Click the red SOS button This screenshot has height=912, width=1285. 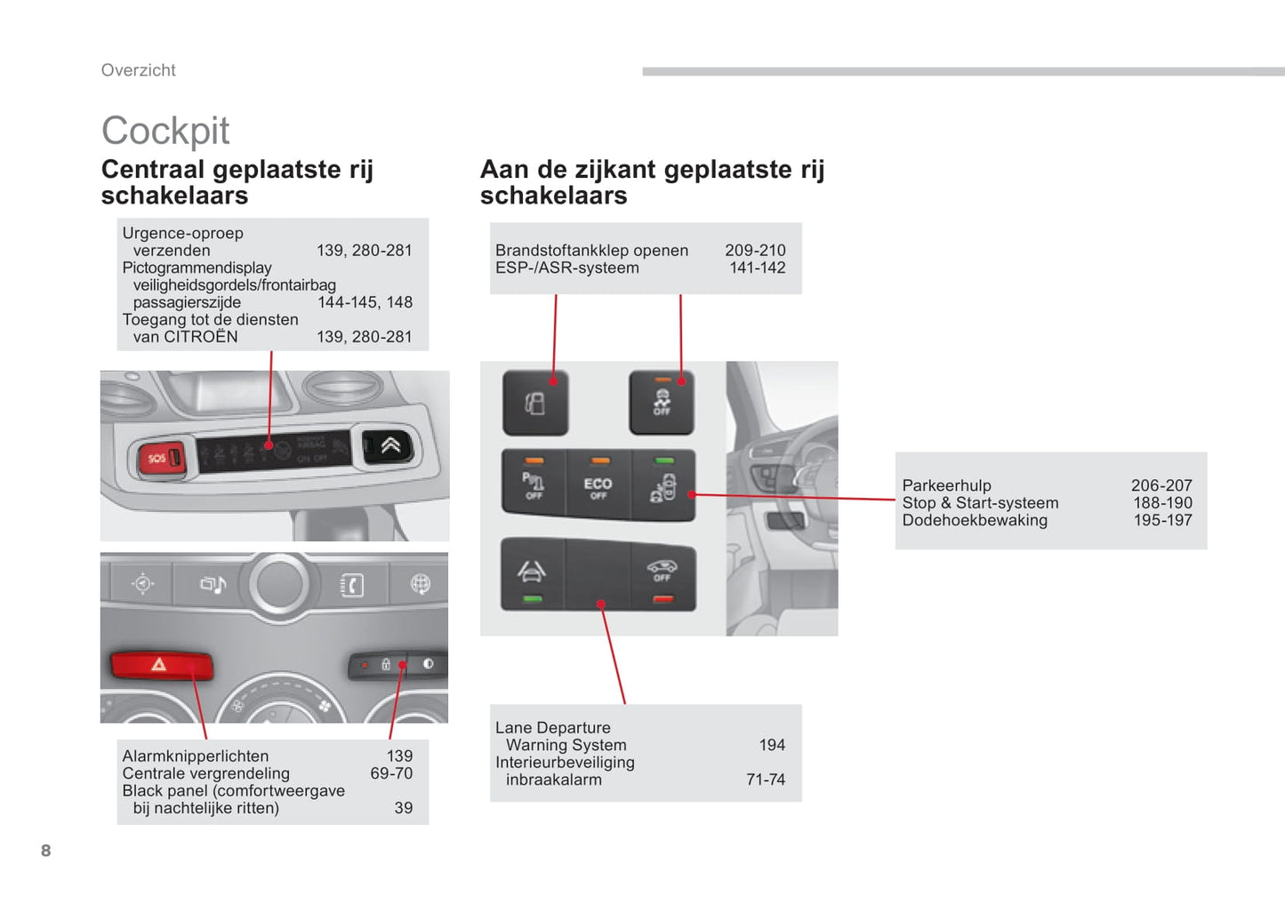click(x=161, y=458)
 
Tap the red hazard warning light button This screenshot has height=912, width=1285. click(x=161, y=666)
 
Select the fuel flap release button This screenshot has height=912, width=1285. click(x=535, y=403)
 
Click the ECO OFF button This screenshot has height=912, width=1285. click(x=598, y=484)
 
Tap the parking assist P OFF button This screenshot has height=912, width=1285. click(x=534, y=483)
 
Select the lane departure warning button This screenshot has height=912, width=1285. click(x=533, y=573)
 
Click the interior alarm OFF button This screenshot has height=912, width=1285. click(x=663, y=576)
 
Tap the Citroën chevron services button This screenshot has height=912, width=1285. click(x=388, y=445)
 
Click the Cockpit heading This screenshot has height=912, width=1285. click(x=165, y=131)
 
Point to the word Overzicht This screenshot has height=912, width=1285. click(x=138, y=70)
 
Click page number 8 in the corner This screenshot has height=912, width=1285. click(x=46, y=851)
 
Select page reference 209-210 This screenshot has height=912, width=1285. click(x=755, y=250)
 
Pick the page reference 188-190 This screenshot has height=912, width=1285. click(x=1163, y=502)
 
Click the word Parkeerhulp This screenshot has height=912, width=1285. click(x=946, y=485)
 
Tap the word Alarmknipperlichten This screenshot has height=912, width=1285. click(x=196, y=756)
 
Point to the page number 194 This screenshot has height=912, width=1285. click(x=772, y=745)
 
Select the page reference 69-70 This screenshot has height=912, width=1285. click(x=391, y=773)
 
